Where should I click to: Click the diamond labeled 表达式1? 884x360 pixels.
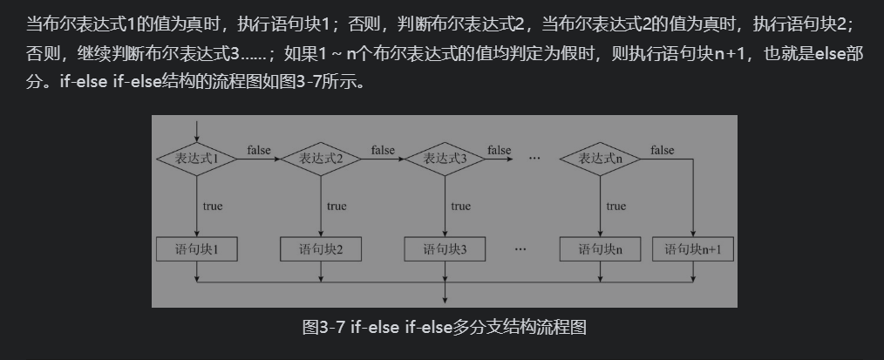coord(197,159)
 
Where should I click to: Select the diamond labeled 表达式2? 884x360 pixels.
coord(321,159)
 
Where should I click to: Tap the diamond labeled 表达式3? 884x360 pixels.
coord(445,159)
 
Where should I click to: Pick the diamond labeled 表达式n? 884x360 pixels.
coord(600,159)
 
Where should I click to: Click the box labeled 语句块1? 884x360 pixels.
coord(197,249)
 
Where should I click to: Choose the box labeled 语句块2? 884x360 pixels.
coord(321,249)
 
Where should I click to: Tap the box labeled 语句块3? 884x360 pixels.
coord(445,249)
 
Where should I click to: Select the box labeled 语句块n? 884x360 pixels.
coord(600,249)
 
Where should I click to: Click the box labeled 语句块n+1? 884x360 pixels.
coord(693,249)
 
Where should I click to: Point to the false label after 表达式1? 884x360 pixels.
coord(259,150)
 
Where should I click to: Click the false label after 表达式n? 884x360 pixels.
coord(662,150)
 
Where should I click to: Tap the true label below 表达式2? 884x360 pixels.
coord(337,207)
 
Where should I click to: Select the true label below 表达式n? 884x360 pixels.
coord(615,207)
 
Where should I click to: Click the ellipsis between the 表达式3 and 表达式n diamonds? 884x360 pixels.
coord(534,159)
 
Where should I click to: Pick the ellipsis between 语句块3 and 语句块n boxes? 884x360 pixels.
coord(520,248)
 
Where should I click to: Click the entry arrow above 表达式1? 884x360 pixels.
coord(197,131)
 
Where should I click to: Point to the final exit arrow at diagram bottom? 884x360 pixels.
coord(445,292)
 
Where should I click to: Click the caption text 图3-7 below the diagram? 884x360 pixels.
coord(323,327)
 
